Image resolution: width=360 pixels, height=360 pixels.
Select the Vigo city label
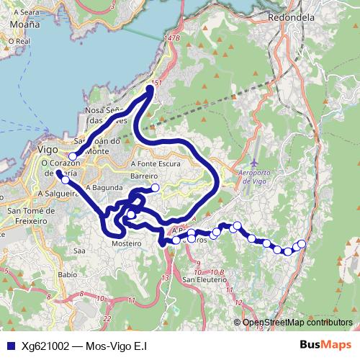pyautogui.click(x=47, y=149)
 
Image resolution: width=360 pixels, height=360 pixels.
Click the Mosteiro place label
pyautogui.click(x=127, y=244)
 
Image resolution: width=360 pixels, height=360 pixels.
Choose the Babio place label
pyautogui.click(x=67, y=274)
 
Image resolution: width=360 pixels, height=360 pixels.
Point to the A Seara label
pyautogui.click(x=24, y=12)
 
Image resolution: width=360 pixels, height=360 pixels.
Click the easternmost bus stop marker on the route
pyautogui.click(x=302, y=244)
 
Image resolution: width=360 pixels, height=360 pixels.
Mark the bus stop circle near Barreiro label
pyautogui.click(x=155, y=188)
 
